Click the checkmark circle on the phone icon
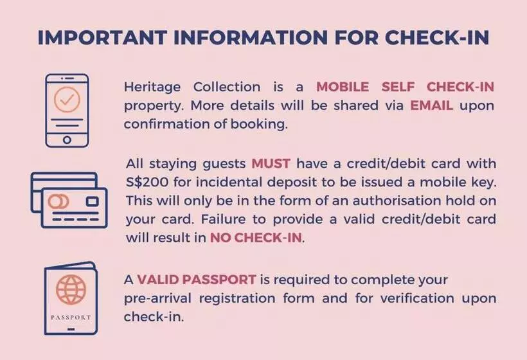pos(67,100)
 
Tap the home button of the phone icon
pos(67,139)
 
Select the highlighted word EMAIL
pos(432,105)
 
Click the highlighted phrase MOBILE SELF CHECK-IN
pos(405,87)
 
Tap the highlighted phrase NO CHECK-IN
pos(256,237)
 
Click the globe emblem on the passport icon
pos(71,289)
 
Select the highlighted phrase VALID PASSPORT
pos(197,280)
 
